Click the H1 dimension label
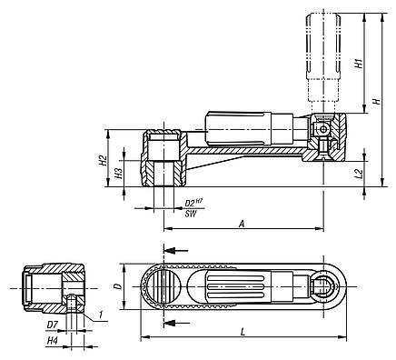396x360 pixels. click(x=358, y=65)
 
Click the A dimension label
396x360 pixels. click(x=240, y=222)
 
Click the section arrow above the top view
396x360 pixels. click(x=177, y=249)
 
